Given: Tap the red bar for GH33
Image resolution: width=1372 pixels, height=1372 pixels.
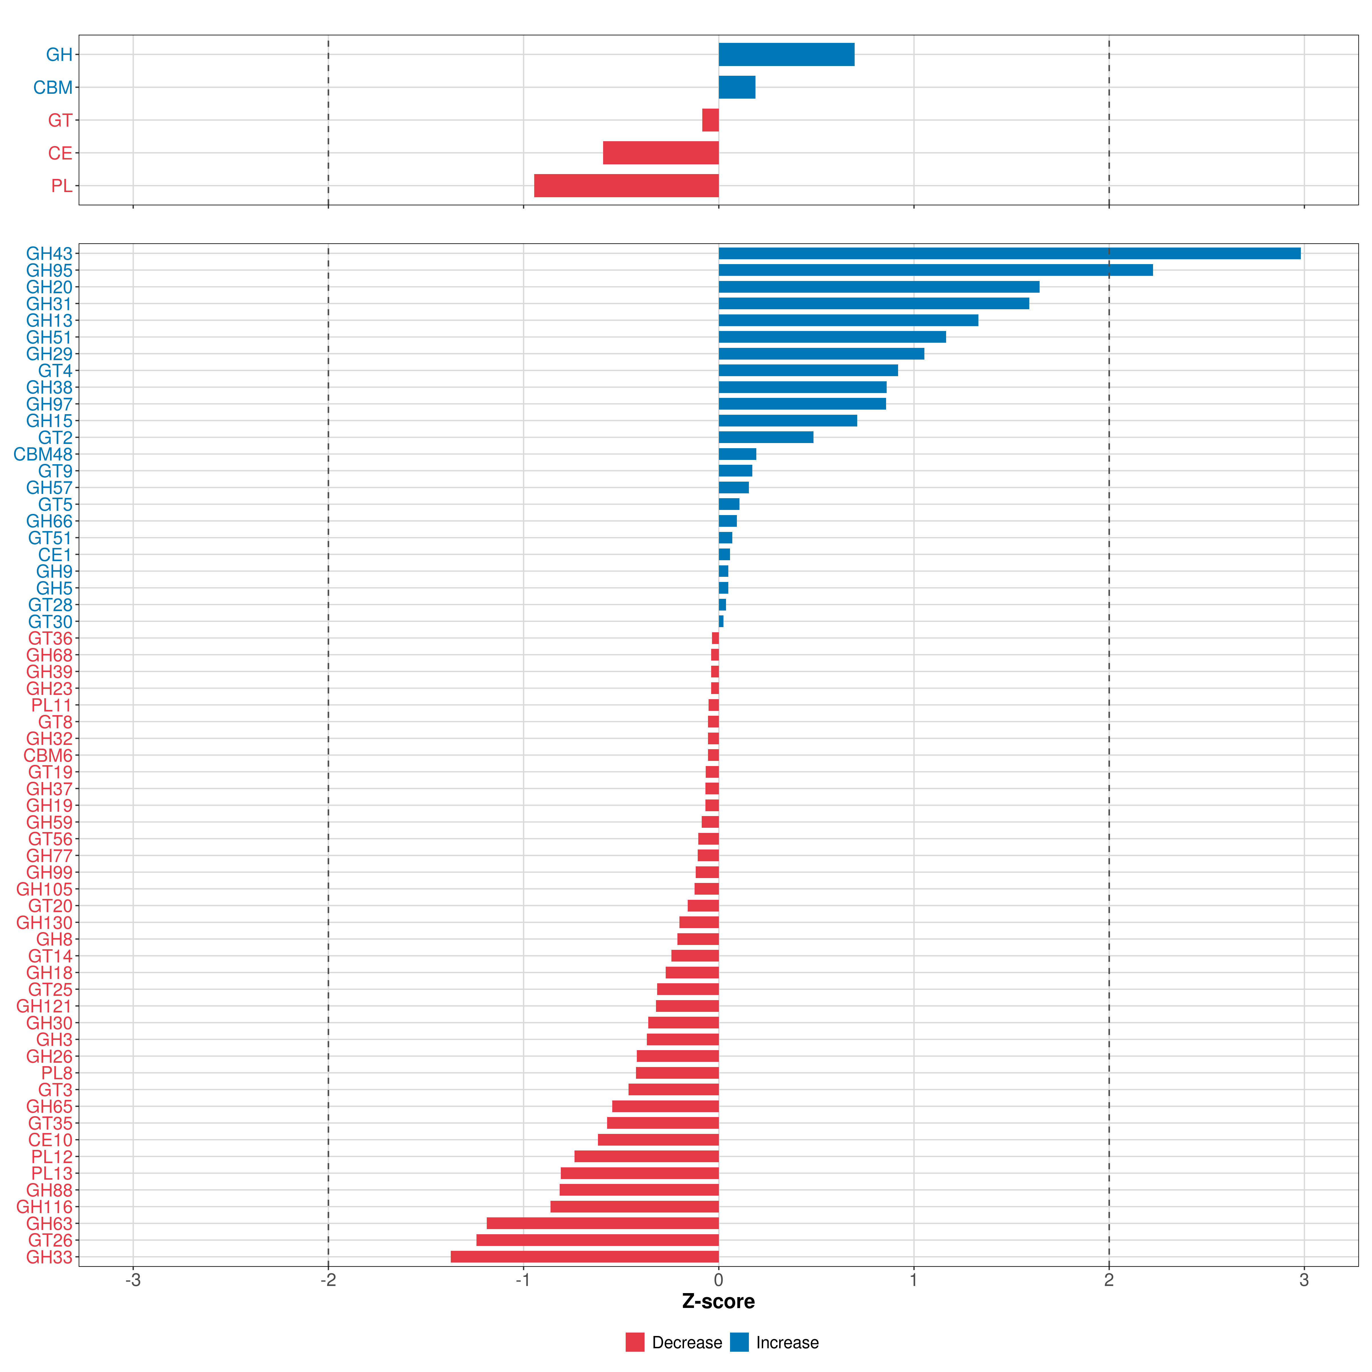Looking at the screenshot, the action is (585, 1257).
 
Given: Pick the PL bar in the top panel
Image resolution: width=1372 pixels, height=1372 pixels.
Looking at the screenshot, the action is (626, 185).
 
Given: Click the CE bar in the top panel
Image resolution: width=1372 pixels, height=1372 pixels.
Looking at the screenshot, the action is (661, 153).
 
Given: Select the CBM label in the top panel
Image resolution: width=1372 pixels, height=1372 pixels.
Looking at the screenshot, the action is (53, 87).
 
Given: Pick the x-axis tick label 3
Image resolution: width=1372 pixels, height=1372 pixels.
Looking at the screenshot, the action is (1304, 1281).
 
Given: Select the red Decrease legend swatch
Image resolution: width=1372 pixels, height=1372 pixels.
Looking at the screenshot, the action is (635, 1342).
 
